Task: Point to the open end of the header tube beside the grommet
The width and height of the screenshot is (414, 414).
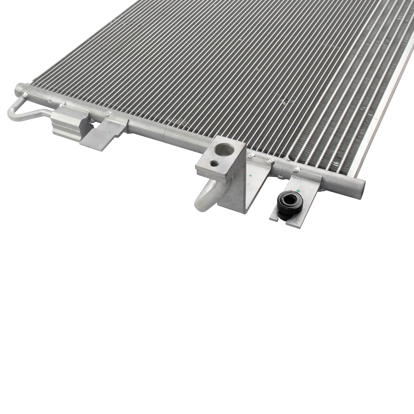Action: pyautogui.click(x=363, y=185)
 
